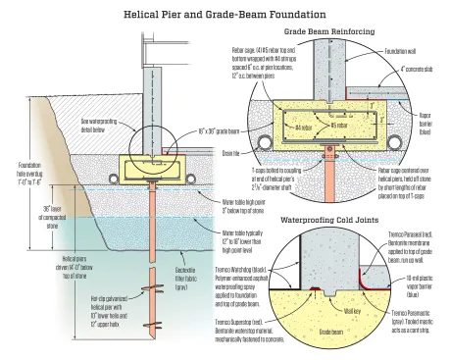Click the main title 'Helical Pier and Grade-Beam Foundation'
(x=224, y=15)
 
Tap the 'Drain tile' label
(x=257, y=154)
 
